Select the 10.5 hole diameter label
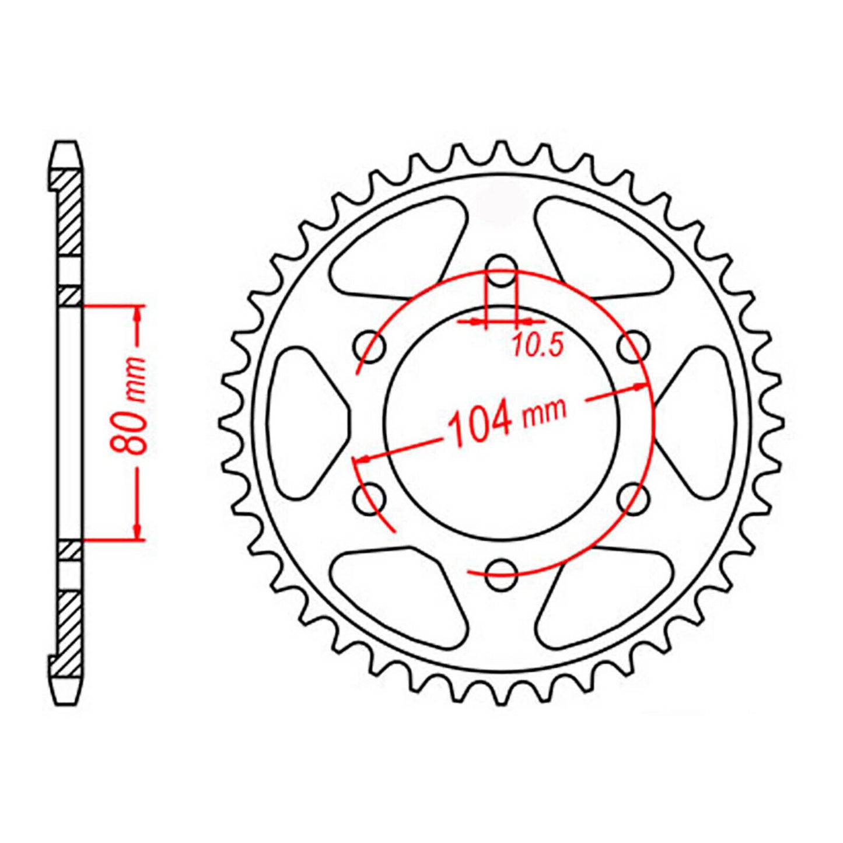click(537, 346)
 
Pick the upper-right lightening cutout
click(604, 245)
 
